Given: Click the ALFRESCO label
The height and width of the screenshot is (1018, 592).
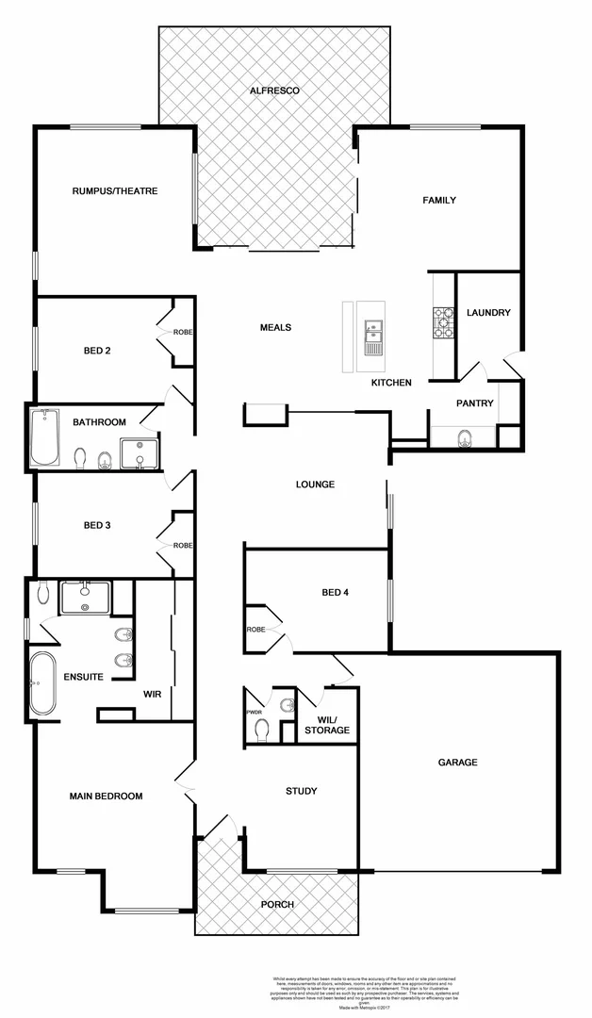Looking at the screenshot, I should [x=274, y=90].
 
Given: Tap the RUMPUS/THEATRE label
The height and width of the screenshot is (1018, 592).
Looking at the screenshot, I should [x=115, y=191].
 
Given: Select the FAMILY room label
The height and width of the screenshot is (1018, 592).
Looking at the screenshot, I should [x=439, y=200].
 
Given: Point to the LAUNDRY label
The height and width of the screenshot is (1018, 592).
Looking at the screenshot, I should [x=488, y=313].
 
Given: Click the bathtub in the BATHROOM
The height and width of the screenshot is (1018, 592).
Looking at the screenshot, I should [x=44, y=437].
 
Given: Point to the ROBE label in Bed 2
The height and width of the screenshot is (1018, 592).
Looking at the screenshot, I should [x=182, y=332].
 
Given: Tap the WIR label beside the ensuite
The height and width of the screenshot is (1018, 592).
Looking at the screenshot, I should [x=153, y=694].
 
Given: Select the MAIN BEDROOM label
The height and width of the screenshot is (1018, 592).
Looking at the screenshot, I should [x=107, y=796].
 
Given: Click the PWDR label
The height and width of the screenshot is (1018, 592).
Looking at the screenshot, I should [x=254, y=713].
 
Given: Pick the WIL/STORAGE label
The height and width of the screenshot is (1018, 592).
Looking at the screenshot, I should [x=327, y=725].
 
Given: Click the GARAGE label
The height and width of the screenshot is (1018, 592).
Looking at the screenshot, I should [x=458, y=763].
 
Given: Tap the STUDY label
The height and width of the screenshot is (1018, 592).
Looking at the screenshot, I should [x=302, y=791].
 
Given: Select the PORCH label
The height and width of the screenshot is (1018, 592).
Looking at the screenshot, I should [x=277, y=904].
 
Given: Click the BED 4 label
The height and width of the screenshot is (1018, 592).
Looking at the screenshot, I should [x=336, y=593].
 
